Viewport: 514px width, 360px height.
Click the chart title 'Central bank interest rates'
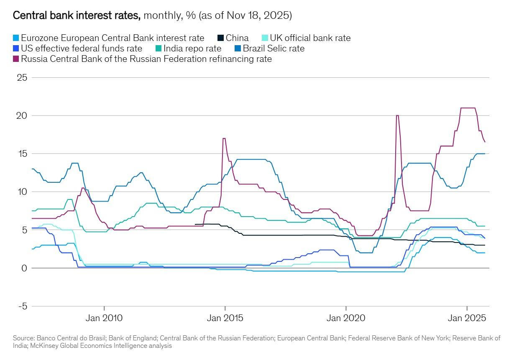(x=77, y=16)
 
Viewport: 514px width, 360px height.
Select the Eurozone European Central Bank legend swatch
(x=16, y=38)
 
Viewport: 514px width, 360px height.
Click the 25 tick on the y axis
(x=22, y=78)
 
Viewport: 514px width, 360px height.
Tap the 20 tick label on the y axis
(x=22, y=116)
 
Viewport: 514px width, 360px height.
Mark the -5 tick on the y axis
(x=22, y=306)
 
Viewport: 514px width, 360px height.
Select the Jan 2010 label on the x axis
(x=104, y=318)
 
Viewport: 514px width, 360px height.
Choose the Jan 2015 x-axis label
(x=225, y=318)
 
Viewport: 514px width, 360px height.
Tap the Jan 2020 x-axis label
(x=346, y=318)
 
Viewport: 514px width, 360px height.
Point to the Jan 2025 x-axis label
(x=467, y=318)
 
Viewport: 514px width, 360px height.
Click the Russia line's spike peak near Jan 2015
(x=224, y=138)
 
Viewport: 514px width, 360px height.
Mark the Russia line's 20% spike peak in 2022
(x=397, y=116)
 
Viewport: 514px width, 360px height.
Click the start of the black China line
(x=196, y=225)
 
